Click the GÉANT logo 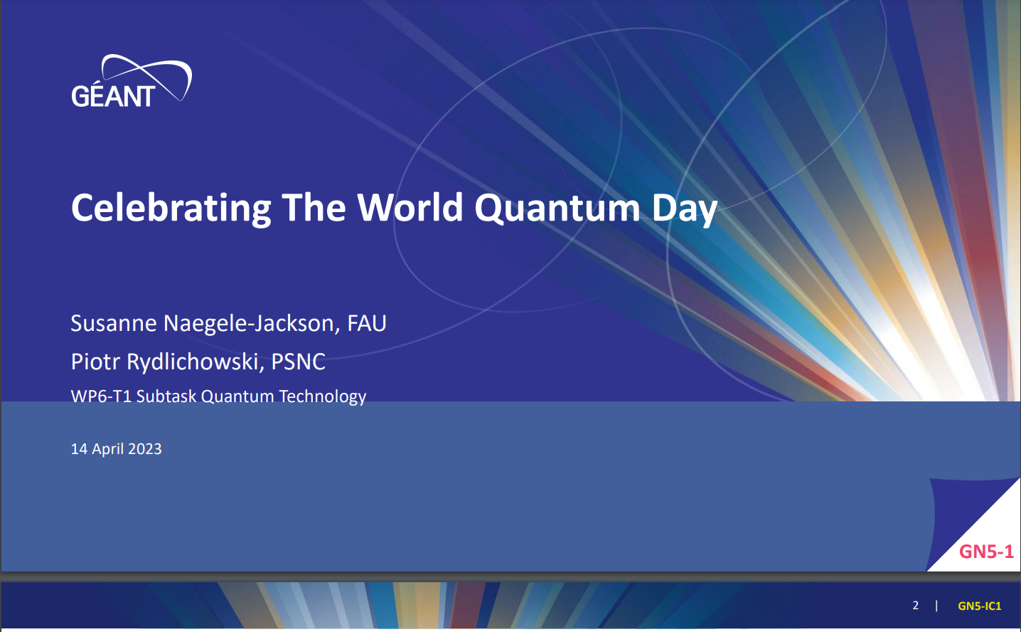[x=132, y=81]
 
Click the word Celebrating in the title [x=171, y=209]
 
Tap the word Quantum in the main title [x=557, y=209]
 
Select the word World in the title [x=410, y=208]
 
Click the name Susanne [x=114, y=323]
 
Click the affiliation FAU [x=367, y=323]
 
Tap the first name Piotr [x=95, y=362]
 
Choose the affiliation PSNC [x=298, y=362]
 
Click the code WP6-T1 [x=101, y=396]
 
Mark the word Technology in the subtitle [x=323, y=396]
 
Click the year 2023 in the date [x=144, y=449]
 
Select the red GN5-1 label [x=986, y=552]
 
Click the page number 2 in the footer [x=916, y=606]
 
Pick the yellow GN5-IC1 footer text [x=980, y=606]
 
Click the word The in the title [x=314, y=208]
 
